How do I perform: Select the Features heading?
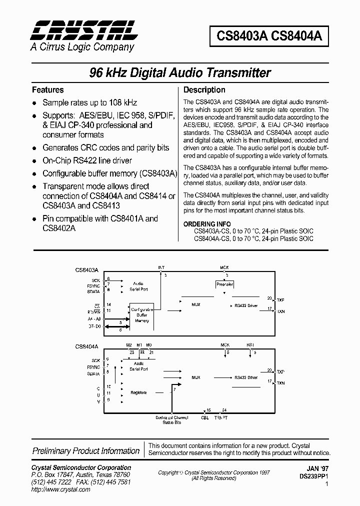click(47, 90)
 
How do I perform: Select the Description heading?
click(204, 90)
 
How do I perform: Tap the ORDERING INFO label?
click(207, 224)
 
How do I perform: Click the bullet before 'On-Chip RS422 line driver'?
click(34, 161)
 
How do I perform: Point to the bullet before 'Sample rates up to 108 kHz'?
click(34, 102)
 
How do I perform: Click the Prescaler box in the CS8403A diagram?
click(224, 284)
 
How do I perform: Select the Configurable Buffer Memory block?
click(142, 315)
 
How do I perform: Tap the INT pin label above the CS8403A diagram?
click(161, 268)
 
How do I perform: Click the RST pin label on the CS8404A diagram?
click(250, 345)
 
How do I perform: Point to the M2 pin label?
click(129, 345)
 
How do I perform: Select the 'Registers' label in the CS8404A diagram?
click(138, 392)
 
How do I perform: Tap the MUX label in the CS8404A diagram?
click(196, 377)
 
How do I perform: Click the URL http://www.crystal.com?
click(60, 489)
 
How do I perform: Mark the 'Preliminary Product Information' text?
click(86, 451)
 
